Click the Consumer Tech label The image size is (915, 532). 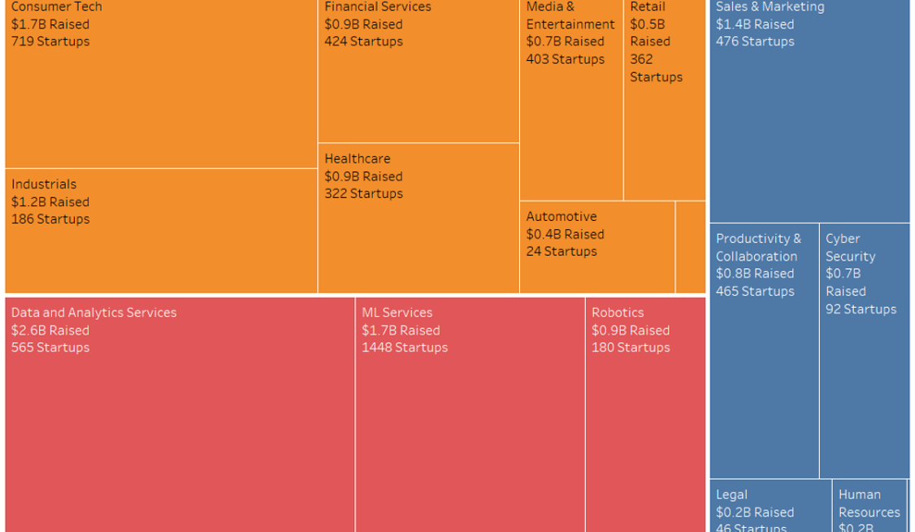(57, 6)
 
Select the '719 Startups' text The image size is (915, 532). (50, 41)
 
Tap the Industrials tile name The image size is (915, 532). (44, 184)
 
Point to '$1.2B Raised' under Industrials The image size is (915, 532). (50, 202)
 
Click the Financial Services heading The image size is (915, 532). (378, 6)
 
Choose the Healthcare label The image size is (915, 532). (358, 159)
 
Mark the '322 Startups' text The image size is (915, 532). (363, 194)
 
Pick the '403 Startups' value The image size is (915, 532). (566, 59)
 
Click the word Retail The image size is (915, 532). (648, 6)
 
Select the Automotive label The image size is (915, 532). (562, 217)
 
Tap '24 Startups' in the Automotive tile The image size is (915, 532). (562, 252)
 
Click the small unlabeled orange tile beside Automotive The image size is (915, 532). (690, 247)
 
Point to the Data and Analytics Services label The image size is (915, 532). (93, 313)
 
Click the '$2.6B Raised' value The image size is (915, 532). (50, 331)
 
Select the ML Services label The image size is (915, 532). (397, 313)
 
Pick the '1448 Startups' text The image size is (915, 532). (405, 348)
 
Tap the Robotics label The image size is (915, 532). (618, 313)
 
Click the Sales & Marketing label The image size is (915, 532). (770, 6)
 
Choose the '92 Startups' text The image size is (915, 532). (861, 309)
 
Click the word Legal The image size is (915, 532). (731, 495)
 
